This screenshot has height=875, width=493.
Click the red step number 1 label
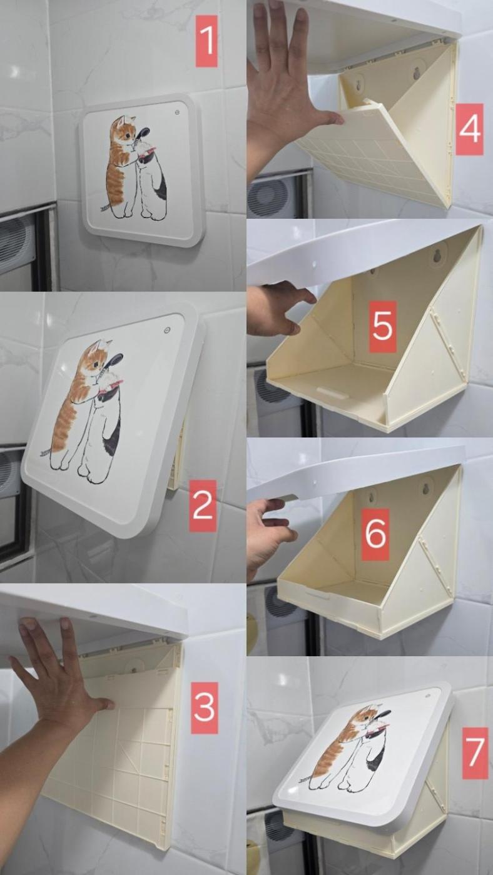[206, 41]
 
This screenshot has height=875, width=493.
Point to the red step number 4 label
[469, 129]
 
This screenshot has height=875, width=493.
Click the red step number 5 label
[382, 326]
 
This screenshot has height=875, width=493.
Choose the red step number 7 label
[475, 753]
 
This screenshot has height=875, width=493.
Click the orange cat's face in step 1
[124, 131]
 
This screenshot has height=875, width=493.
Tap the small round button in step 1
[177, 112]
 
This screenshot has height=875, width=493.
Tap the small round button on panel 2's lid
[167, 331]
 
